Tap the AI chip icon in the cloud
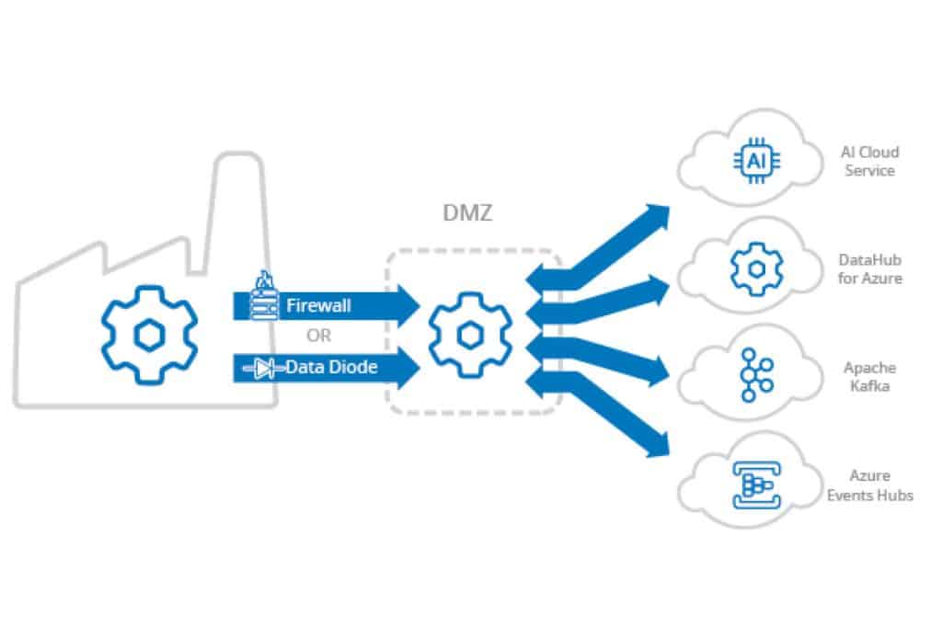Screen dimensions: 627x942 coord(754,161)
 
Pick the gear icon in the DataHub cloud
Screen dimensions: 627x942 coord(754,268)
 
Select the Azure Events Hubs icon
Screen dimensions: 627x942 coord(754,484)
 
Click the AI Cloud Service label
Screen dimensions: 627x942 coord(869,161)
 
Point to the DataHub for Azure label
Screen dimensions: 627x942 coord(869,268)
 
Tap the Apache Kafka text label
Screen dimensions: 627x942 coord(869,376)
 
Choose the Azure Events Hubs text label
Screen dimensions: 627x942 coord(869,485)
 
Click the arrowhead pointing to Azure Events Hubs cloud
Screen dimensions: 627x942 coord(657,446)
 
